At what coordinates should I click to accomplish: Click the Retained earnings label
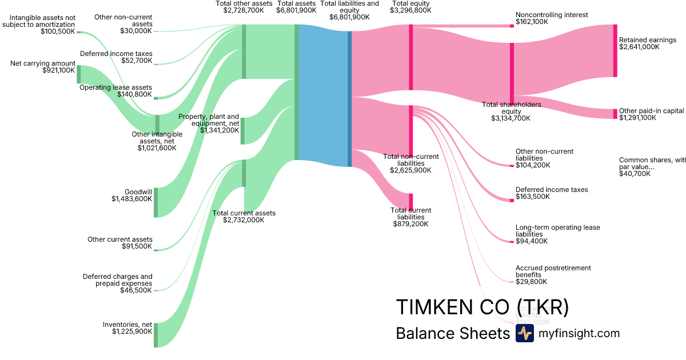coord(647,40)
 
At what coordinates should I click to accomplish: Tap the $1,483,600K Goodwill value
coord(132,199)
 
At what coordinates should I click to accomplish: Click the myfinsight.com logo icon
coord(524,333)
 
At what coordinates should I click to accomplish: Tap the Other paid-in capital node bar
coord(615,113)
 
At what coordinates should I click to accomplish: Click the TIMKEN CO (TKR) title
coord(482,307)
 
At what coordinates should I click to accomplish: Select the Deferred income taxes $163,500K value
coord(532,197)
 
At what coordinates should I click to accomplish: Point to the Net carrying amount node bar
coord(79,74)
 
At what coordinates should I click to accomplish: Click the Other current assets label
coord(120,239)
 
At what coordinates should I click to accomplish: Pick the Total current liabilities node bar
coord(410,202)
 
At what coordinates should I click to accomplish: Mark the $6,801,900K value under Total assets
coord(296,10)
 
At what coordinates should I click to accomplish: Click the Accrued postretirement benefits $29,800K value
coord(531,282)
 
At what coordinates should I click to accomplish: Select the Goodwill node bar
coord(155,202)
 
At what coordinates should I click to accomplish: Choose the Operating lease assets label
coord(115,87)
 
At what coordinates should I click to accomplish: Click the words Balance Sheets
coord(452,333)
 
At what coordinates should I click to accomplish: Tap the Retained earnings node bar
coord(615,50)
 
